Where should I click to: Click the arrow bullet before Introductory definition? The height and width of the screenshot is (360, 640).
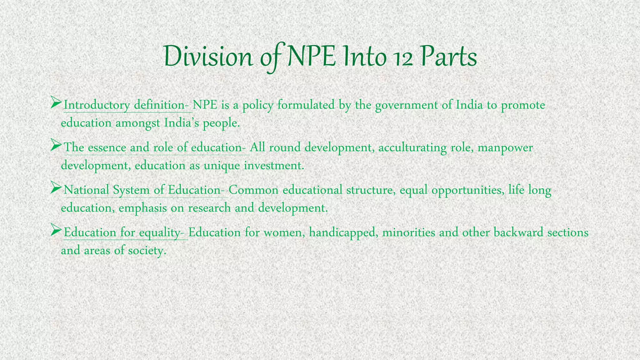point(56,102)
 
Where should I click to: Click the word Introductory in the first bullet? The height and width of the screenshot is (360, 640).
point(97,105)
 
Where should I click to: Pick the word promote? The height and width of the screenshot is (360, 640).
point(523,105)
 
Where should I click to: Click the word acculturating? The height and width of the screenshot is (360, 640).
point(412,147)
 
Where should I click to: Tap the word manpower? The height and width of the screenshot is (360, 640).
point(505,148)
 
